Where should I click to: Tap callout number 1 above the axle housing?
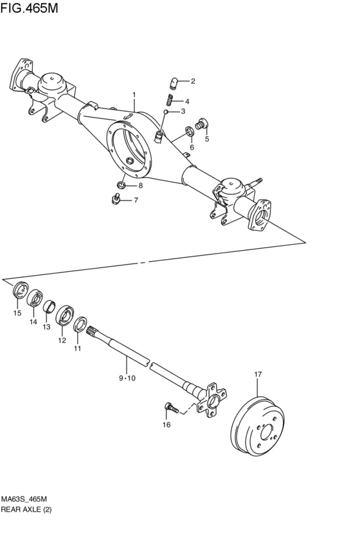point(134,95)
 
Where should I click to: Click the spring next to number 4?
point(170,100)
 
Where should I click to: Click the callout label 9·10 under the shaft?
point(127,379)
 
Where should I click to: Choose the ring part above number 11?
point(81,325)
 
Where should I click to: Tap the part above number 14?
point(35,297)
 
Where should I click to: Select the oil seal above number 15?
point(19,290)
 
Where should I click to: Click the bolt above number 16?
point(170,407)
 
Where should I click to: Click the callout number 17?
point(258,374)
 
